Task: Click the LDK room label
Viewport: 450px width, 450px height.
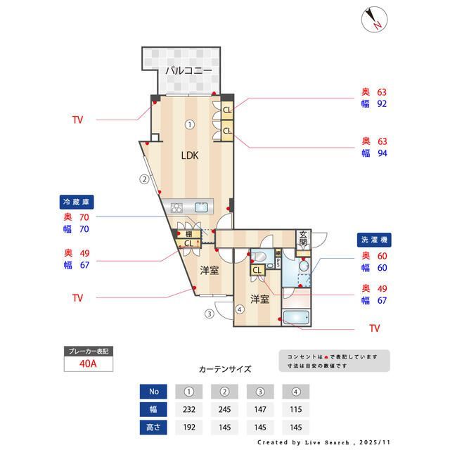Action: (x=190, y=156)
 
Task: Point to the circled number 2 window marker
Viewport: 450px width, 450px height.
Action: (x=143, y=179)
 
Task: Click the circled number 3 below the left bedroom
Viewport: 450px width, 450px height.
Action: (x=209, y=314)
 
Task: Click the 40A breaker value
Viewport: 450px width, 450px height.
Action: (x=87, y=364)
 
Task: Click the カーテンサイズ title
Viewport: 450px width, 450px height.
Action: (x=225, y=368)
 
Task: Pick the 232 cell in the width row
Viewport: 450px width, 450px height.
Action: (x=188, y=409)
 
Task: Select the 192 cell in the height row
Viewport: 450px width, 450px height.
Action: (x=188, y=426)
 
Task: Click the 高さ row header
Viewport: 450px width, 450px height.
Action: (x=153, y=426)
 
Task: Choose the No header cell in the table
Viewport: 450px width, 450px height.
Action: (x=153, y=391)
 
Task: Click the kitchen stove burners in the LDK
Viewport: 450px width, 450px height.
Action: (x=176, y=207)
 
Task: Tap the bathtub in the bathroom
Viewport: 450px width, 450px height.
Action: (x=299, y=317)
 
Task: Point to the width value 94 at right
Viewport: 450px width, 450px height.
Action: (x=382, y=153)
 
